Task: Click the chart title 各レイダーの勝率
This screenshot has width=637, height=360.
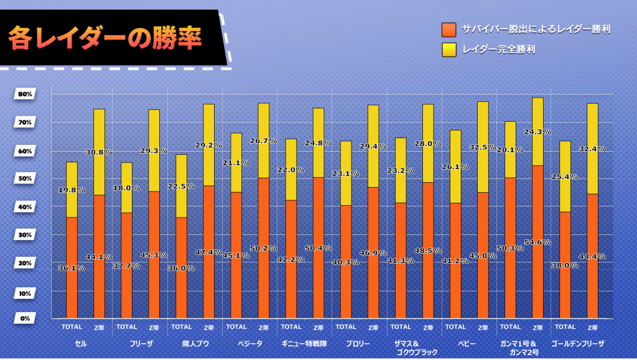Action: pyautogui.click(x=105, y=38)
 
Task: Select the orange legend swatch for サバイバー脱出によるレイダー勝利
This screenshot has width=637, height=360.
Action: pyautogui.click(x=449, y=29)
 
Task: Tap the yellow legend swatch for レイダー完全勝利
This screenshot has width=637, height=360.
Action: pyautogui.click(x=449, y=49)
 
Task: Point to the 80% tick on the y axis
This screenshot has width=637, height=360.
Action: pyautogui.click(x=26, y=95)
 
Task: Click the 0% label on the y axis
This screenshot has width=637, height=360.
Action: pyautogui.click(x=26, y=318)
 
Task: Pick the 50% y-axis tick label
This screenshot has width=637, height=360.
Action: pyautogui.click(x=26, y=178)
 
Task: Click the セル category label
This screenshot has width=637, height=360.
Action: pyautogui.click(x=80, y=343)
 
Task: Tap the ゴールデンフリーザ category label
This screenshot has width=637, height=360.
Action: pyautogui.click(x=578, y=343)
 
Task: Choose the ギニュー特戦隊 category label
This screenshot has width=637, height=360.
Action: pyautogui.click(x=304, y=343)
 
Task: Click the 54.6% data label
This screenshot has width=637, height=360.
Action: pyautogui.click(x=537, y=242)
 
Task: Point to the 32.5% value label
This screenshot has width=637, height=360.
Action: pyautogui.click(x=483, y=147)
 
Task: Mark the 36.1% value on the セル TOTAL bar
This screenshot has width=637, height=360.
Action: pyautogui.click(x=72, y=268)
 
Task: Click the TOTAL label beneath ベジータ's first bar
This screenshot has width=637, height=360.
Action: pyautogui.click(x=236, y=327)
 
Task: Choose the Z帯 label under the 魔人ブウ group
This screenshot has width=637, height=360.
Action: pyautogui.click(x=209, y=327)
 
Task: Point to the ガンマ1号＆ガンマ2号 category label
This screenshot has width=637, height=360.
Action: pyautogui.click(x=523, y=348)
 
